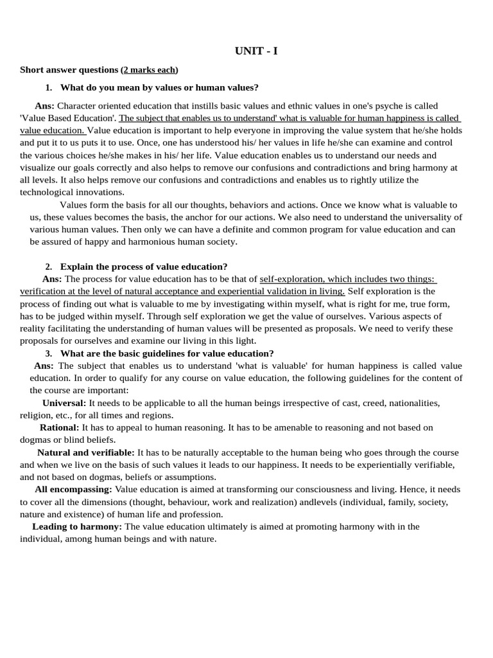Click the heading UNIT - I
[256, 51]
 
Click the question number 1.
[49, 87]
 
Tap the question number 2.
[49, 267]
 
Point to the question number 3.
[49, 353]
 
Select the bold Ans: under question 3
[44, 366]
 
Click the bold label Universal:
[64, 403]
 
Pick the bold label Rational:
[60, 427]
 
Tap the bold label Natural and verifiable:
[86, 452]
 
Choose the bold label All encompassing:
[73, 490]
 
